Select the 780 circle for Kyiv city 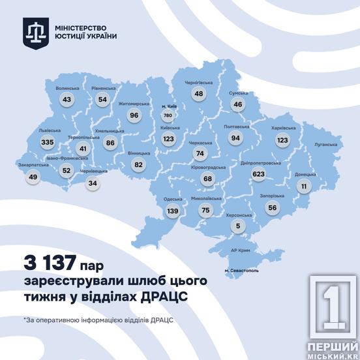click(168, 115)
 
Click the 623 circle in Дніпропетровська click(259, 174)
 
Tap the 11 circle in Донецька click(303, 186)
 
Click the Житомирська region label click(134, 103)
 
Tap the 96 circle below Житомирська click(135, 115)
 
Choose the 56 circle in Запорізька click(272, 207)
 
